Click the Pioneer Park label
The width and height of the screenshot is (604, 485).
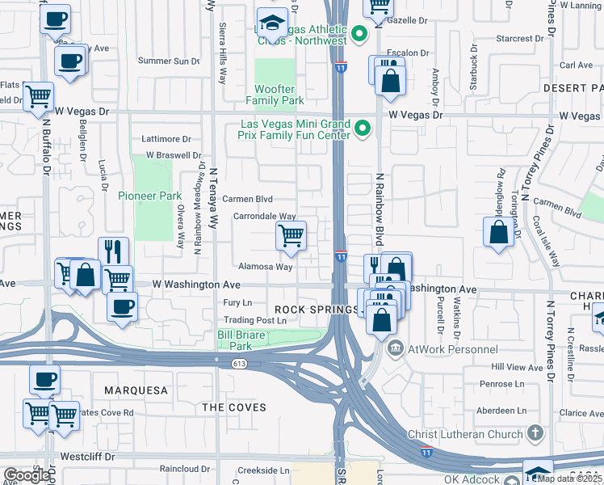[149, 196]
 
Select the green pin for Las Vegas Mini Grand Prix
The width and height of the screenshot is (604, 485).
[363, 129]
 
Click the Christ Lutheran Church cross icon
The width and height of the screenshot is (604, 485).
[533, 434]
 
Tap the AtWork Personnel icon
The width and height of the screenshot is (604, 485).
[395, 349]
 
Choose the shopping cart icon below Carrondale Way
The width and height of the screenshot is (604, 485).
[291, 235]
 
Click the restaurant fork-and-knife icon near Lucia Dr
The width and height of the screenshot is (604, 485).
[113, 251]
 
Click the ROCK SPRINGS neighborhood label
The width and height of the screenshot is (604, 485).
[316, 310]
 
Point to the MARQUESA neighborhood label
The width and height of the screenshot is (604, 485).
[136, 390]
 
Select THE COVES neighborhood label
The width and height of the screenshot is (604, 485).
[233, 407]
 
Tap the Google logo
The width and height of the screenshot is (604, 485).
[27, 474]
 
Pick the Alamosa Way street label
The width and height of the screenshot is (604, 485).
[265, 266]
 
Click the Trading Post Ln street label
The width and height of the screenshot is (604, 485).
[255, 320]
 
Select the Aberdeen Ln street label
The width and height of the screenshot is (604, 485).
[508, 411]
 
